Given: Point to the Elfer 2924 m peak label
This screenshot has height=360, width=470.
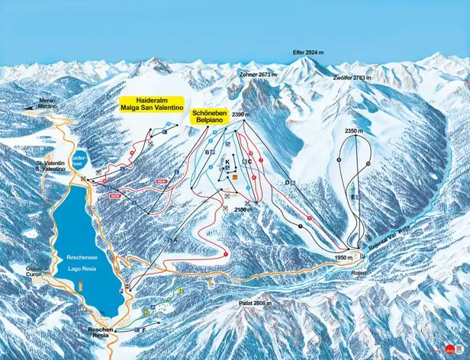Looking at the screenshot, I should (x=310, y=53).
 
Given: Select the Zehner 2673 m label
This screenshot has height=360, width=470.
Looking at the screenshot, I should (x=256, y=75).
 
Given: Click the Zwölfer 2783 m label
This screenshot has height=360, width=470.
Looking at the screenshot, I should (x=352, y=78).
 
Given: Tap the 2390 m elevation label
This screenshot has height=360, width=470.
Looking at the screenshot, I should (x=241, y=114).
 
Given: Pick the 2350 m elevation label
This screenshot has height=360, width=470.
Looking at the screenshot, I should (x=352, y=131).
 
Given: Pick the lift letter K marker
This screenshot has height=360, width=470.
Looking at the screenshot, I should (x=227, y=162).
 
